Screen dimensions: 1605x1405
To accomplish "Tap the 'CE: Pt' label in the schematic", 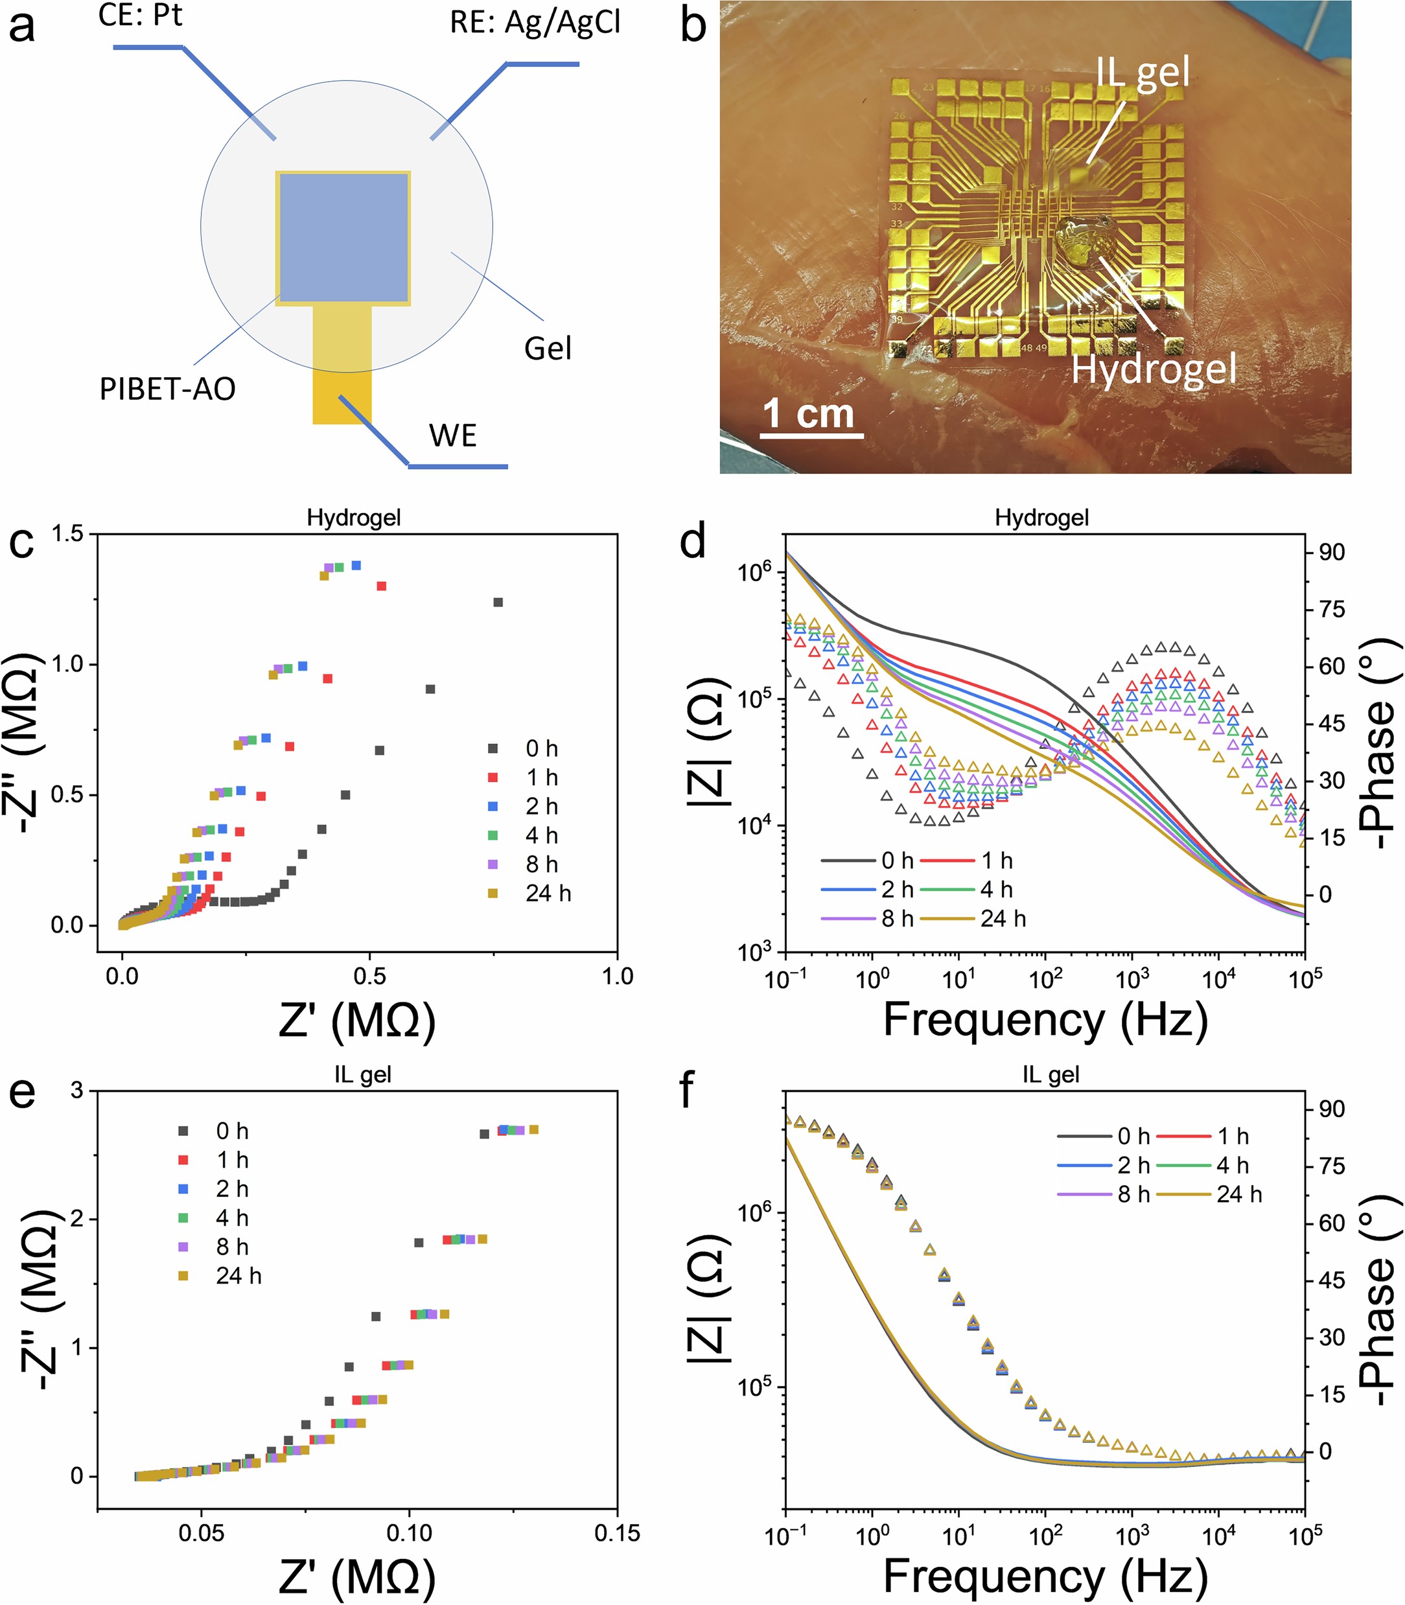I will coord(141,15).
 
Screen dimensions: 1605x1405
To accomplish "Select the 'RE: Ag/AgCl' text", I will coord(535,22).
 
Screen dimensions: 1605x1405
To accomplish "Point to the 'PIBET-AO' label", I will coord(167,389).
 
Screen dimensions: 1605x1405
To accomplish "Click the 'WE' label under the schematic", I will coord(452,435).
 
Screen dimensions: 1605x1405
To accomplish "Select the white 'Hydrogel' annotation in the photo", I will coord(1154,369).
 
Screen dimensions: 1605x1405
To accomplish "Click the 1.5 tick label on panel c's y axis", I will coord(67,535).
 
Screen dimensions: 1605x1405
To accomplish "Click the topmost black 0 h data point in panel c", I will coord(497,602).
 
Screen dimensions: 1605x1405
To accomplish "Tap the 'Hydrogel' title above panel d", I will coord(1041,518).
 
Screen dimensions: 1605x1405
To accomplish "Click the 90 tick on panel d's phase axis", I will coord(1330,553).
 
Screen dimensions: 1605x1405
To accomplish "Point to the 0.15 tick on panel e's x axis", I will coord(617,1533).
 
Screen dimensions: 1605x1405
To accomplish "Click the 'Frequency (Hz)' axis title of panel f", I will coord(1045,1576).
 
